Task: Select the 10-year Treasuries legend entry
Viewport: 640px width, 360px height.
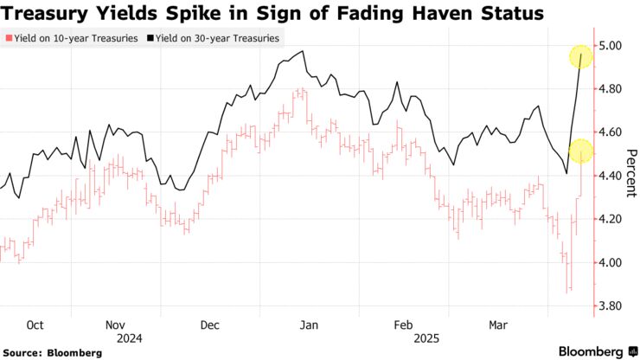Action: [x=73, y=39]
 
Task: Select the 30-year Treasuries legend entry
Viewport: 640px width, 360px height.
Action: [x=216, y=39]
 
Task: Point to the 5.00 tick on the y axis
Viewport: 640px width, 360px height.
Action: [x=612, y=45]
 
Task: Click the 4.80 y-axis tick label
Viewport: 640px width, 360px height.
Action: [x=612, y=88]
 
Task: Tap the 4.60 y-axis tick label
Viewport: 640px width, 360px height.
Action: [x=612, y=132]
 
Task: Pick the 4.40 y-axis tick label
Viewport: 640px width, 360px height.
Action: [x=612, y=176]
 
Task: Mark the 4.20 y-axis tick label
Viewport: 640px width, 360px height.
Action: [x=612, y=219]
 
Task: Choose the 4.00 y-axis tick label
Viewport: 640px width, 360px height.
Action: [x=612, y=262]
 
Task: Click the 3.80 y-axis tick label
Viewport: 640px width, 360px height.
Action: [x=612, y=306]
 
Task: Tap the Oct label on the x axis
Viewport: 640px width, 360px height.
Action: [x=35, y=325]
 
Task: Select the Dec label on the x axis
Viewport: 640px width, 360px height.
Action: [x=209, y=325]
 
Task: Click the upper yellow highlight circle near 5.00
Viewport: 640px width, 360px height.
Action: [x=580, y=58]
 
